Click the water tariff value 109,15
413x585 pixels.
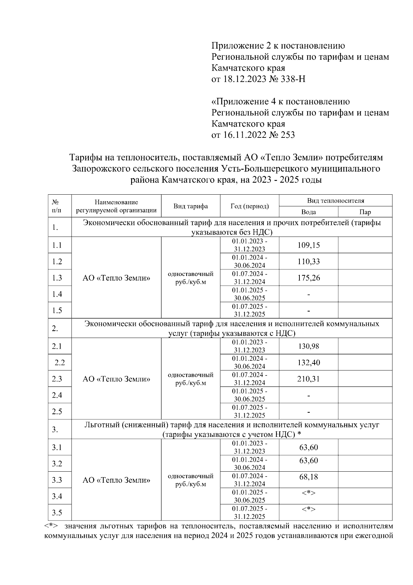click(308, 245)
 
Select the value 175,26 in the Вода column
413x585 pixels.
click(308, 278)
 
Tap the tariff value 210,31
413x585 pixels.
click(308, 379)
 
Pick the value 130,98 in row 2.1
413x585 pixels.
click(308, 346)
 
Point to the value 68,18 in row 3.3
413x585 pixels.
click(308, 477)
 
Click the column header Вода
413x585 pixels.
click(308, 212)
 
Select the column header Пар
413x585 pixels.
click(365, 212)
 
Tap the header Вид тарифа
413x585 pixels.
click(190, 206)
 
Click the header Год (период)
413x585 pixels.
click(250, 206)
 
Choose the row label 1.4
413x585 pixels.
click(57, 294)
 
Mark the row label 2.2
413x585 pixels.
click(60, 362)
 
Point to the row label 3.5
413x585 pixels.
click(57, 513)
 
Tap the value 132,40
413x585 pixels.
click(308, 362)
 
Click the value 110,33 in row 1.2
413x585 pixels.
click(308, 261)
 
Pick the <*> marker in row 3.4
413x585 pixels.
click(308, 493)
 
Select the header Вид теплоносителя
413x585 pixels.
click(336, 201)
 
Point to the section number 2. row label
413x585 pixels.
click(55, 329)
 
